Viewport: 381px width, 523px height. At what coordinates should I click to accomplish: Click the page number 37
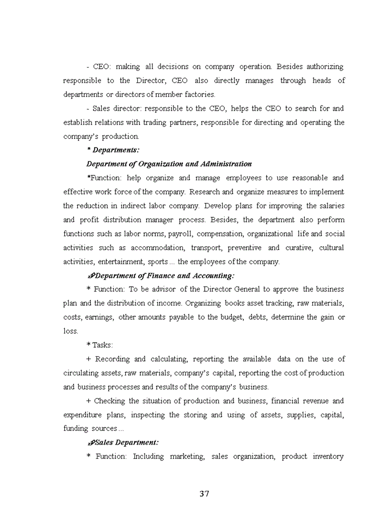pyautogui.click(x=204, y=494)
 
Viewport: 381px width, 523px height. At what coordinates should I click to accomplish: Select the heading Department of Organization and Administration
pyautogui.click(x=169, y=164)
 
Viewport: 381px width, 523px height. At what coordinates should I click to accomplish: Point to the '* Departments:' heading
pyautogui.click(x=113, y=150)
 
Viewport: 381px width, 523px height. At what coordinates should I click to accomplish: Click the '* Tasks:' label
pyautogui.click(x=100, y=345)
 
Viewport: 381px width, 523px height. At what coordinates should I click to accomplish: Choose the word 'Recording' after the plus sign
pyautogui.click(x=112, y=359)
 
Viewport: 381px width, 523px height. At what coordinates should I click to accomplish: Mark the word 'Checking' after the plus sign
pyautogui.click(x=109, y=401)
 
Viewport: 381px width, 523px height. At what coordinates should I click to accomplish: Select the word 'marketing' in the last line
pyautogui.click(x=187, y=457)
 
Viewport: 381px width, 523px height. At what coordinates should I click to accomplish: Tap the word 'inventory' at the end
pyautogui.click(x=328, y=457)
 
